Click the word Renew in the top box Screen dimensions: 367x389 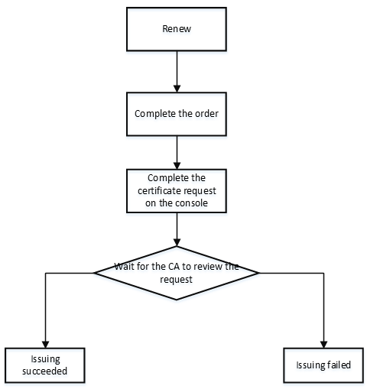(x=177, y=29)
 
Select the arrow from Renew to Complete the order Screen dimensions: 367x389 (x=177, y=72)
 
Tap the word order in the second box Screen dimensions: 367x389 (x=206, y=114)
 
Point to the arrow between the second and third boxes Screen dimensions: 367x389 (x=177, y=152)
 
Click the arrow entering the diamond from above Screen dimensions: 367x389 (x=177, y=229)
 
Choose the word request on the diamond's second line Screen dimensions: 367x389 (x=176, y=280)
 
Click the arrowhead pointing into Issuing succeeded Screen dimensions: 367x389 (x=45, y=345)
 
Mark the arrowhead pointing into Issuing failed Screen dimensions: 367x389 (x=323, y=345)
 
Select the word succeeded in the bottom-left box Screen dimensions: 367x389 (x=44, y=371)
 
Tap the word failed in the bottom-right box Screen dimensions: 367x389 (x=339, y=365)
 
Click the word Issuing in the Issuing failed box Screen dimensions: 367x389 (x=310, y=365)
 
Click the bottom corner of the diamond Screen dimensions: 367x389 (x=177, y=300)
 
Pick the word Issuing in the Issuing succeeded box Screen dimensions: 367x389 (x=45, y=359)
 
